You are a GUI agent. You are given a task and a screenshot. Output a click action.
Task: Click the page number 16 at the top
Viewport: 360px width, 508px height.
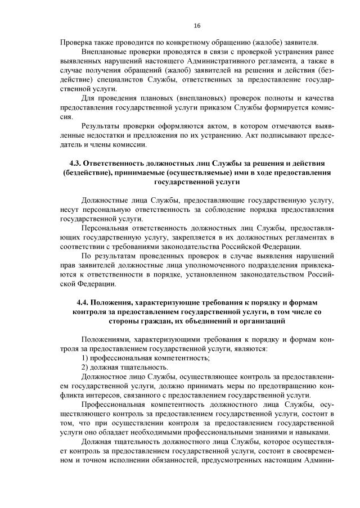[197, 26]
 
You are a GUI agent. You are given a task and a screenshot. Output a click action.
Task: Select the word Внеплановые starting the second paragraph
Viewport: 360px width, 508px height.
[106, 52]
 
